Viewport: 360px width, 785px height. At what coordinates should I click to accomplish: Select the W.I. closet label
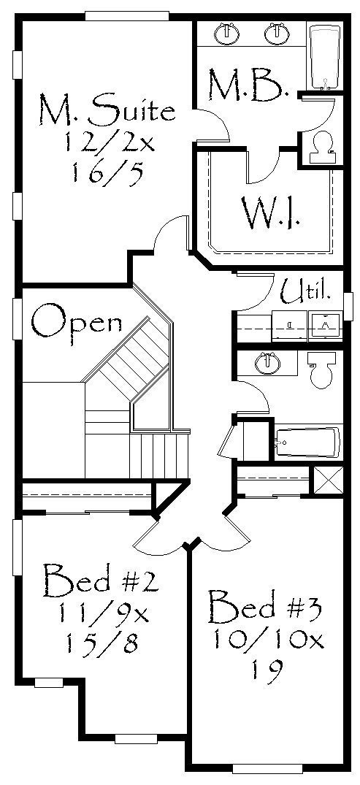tap(270, 213)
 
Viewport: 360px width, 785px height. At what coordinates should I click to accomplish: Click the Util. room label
tap(305, 291)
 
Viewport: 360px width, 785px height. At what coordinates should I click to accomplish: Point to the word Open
tap(77, 325)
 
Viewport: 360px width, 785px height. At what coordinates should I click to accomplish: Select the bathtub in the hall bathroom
tap(307, 443)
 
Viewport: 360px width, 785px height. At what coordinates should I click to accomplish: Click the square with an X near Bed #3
tap(327, 480)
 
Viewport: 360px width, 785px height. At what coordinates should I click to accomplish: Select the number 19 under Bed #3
tap(266, 667)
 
